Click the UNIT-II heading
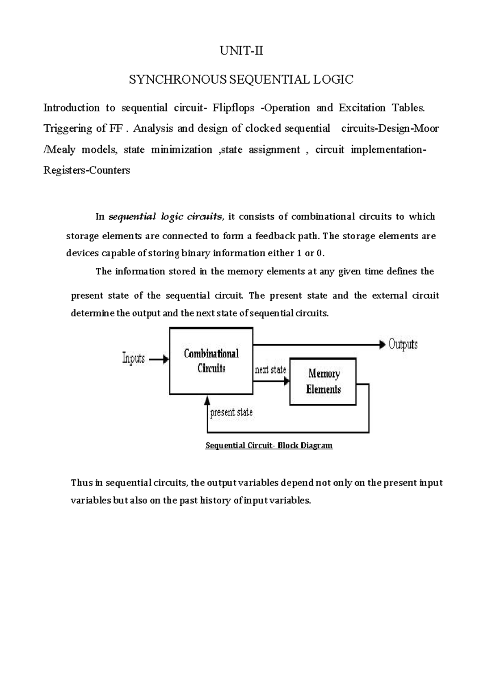(241, 51)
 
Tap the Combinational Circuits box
(211, 361)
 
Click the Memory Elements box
(323, 381)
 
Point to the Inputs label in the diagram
(133, 359)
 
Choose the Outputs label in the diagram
(403, 344)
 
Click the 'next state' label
(270, 370)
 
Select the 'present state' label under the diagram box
(231, 413)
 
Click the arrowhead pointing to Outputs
(382, 345)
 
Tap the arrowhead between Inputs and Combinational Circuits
(166, 359)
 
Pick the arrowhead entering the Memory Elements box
(286, 381)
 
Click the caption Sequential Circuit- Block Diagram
(269, 446)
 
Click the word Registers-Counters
(87, 171)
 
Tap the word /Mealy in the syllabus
(59, 150)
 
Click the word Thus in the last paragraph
(81, 483)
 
